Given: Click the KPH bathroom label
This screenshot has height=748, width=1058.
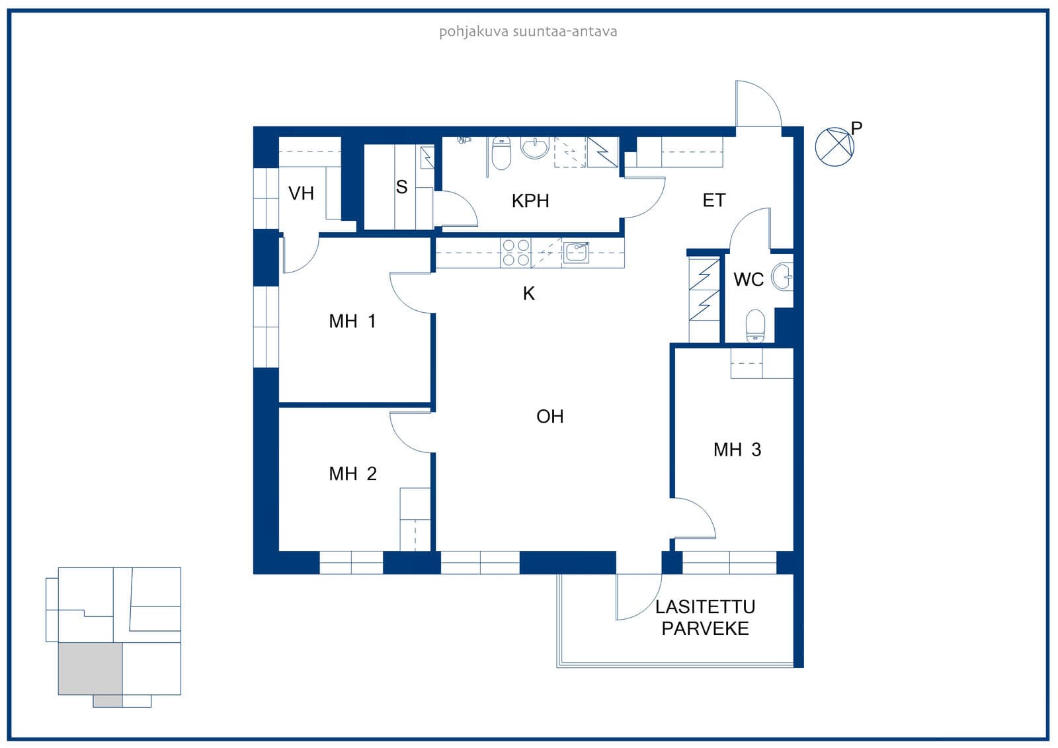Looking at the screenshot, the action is click(x=530, y=201).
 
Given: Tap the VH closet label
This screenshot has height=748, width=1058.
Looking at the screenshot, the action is click(x=301, y=193).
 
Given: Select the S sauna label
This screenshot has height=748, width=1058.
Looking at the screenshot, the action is click(x=401, y=187).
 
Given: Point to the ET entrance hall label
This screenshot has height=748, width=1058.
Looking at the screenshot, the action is click(x=713, y=200).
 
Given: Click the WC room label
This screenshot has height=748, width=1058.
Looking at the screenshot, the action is click(x=749, y=279).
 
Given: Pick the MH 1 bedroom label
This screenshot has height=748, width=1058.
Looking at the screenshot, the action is click(x=352, y=321).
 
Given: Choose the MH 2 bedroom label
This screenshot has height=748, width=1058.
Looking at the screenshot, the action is click(x=353, y=474).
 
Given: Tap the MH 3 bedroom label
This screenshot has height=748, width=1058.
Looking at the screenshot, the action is click(x=737, y=449).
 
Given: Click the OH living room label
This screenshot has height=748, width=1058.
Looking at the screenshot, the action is click(x=549, y=416).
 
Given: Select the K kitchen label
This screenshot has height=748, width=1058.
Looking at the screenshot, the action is click(x=528, y=294).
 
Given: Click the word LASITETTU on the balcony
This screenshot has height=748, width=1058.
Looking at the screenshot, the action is click(x=705, y=606).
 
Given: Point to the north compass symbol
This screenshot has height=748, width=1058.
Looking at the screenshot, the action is click(x=834, y=146).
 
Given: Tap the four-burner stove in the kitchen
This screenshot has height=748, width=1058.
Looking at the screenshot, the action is click(x=516, y=253).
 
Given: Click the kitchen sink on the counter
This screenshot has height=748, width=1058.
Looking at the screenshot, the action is click(x=576, y=253).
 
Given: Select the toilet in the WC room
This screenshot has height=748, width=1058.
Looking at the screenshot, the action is click(x=755, y=325).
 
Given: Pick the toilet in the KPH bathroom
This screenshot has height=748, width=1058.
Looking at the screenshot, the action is click(x=501, y=153).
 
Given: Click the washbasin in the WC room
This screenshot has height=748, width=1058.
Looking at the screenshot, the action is click(x=782, y=276).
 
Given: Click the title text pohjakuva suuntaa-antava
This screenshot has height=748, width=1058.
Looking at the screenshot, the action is click(x=528, y=32).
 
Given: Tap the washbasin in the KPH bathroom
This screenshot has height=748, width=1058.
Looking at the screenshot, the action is click(x=535, y=147).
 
